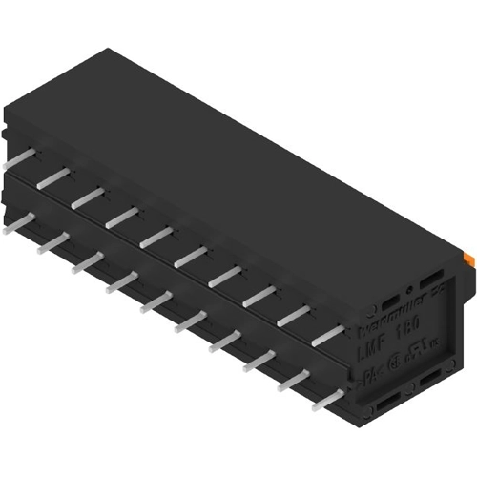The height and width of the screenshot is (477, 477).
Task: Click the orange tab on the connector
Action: pos(469,257)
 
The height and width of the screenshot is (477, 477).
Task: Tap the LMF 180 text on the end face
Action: pos(387,352)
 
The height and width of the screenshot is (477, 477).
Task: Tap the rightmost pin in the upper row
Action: pos(327,334)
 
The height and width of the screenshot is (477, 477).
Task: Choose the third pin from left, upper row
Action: pos(88,197)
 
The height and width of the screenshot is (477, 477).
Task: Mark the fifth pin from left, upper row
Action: pos(156,236)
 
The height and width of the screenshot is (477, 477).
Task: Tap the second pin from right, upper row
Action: pos(294,315)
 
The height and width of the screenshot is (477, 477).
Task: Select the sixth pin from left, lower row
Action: pos(190,321)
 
